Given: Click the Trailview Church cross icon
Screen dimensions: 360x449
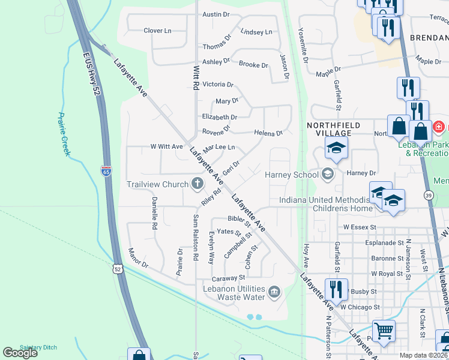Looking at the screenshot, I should point(197,184).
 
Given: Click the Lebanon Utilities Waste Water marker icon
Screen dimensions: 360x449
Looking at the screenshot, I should point(274,292).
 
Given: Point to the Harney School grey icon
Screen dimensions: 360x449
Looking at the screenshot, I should point(327,175).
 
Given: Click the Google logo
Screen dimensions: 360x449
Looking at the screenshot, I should point(20,353).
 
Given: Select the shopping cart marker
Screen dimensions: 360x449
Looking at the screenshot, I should point(384,329).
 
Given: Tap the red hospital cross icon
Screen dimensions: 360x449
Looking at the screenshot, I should point(438,127).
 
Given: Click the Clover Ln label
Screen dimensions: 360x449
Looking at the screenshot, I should point(157,31).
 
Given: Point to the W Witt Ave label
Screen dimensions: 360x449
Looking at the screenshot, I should point(166,146).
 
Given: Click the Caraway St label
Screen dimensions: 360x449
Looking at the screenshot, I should point(229,278).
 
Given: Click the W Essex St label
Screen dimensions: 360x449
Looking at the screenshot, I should point(359,227).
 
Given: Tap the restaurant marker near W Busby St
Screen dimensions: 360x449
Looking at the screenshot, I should point(336,289).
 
